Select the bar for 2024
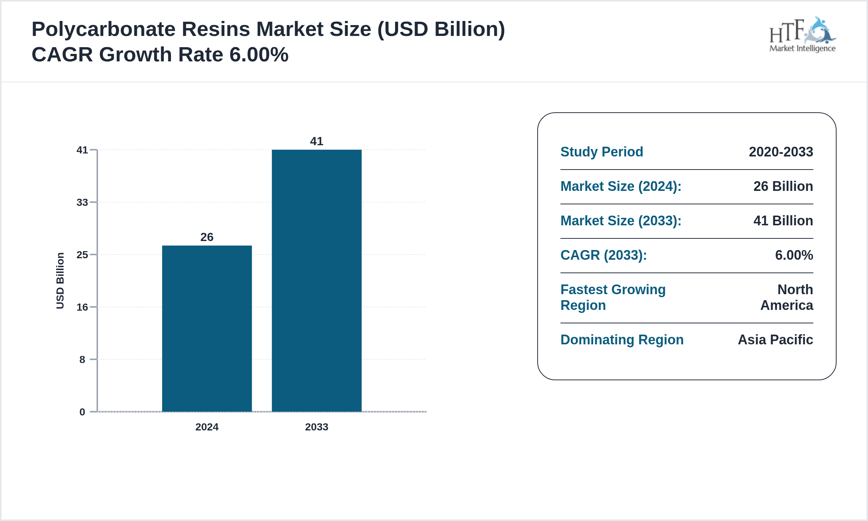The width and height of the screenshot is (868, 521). tap(207, 329)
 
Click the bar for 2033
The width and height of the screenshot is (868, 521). tap(317, 281)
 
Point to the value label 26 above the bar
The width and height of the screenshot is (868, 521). tap(207, 237)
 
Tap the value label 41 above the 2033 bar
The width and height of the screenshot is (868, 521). tap(317, 141)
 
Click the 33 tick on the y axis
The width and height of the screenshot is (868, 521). tap(82, 202)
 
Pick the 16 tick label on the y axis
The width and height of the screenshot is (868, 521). tap(82, 307)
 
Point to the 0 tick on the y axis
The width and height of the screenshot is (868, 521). tap(82, 412)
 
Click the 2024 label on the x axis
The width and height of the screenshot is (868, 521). tap(207, 427)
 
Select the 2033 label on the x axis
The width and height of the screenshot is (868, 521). tap(317, 427)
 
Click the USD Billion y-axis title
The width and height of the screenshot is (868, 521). tap(60, 281)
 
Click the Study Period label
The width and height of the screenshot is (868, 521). tap(602, 152)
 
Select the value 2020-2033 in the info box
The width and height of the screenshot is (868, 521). tap(781, 152)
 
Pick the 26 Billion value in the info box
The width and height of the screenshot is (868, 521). tap(783, 186)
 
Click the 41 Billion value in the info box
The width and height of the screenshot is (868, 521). tap(783, 221)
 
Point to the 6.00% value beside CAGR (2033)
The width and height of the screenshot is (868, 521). tap(794, 255)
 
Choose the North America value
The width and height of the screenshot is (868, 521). tap(787, 298)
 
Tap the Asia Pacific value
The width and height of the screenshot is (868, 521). tap(775, 340)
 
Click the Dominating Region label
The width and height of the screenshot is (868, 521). tap(622, 340)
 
